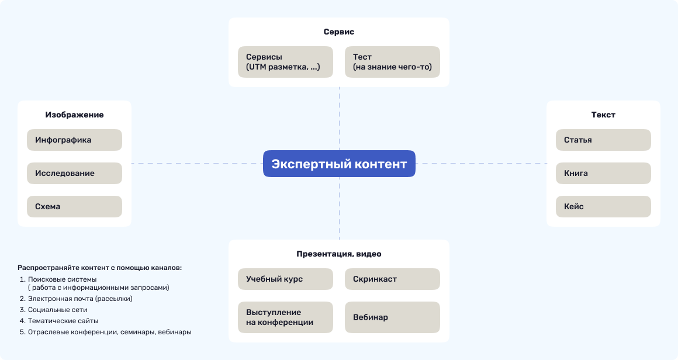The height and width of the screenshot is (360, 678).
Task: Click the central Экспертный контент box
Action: pos(339,164)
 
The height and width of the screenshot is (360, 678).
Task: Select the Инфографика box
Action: pos(74,140)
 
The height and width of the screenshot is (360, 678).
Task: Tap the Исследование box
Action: pos(74,174)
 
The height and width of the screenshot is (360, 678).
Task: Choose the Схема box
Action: pos(74,207)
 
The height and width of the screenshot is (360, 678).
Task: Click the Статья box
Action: pos(603,140)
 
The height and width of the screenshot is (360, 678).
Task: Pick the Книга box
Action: pos(603,174)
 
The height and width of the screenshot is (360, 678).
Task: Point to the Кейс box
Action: pos(603,207)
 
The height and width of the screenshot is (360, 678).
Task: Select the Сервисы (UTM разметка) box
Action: pos(285,62)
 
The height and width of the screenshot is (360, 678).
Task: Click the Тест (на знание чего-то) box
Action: pos(392,62)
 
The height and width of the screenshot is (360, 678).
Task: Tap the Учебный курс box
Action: pos(285,279)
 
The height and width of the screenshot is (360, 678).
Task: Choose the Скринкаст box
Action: pos(392,279)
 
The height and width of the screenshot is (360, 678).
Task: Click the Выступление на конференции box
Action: pos(285,317)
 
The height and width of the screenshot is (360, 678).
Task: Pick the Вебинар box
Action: pos(392,317)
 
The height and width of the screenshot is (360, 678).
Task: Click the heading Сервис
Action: pos(339,32)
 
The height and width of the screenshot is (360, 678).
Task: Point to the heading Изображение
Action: pos(74,115)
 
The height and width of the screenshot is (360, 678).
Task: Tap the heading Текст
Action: pos(603,115)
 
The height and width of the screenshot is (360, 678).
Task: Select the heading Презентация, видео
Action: pos(339,254)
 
